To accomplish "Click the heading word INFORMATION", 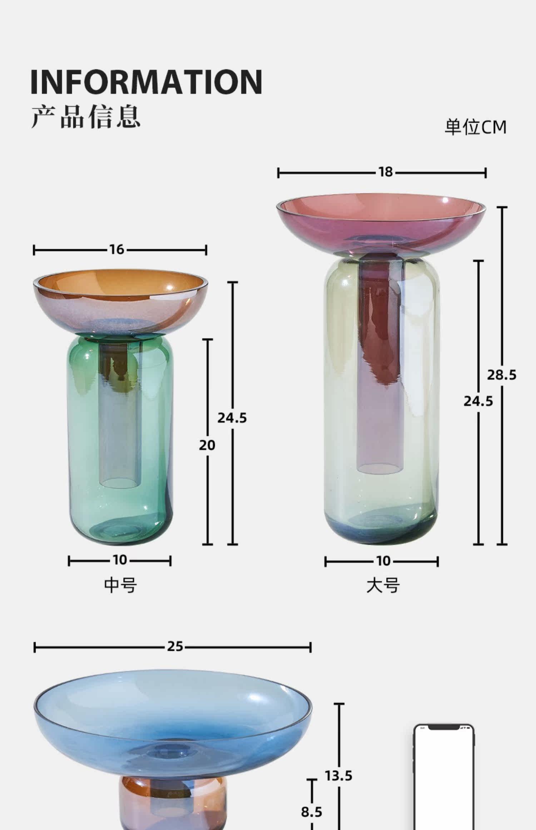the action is (x=146, y=82).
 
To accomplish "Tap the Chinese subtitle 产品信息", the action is (x=86, y=117).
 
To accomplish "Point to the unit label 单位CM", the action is (x=476, y=127).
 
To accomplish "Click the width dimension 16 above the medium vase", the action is (x=117, y=250).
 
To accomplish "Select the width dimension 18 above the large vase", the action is (x=386, y=172).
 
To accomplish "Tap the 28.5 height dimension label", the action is (x=502, y=375).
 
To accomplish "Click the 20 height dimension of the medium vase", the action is (x=207, y=445).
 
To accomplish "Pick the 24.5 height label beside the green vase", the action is (x=232, y=418).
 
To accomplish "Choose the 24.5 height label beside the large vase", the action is (x=478, y=401).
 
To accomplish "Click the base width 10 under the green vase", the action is (x=120, y=560).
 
